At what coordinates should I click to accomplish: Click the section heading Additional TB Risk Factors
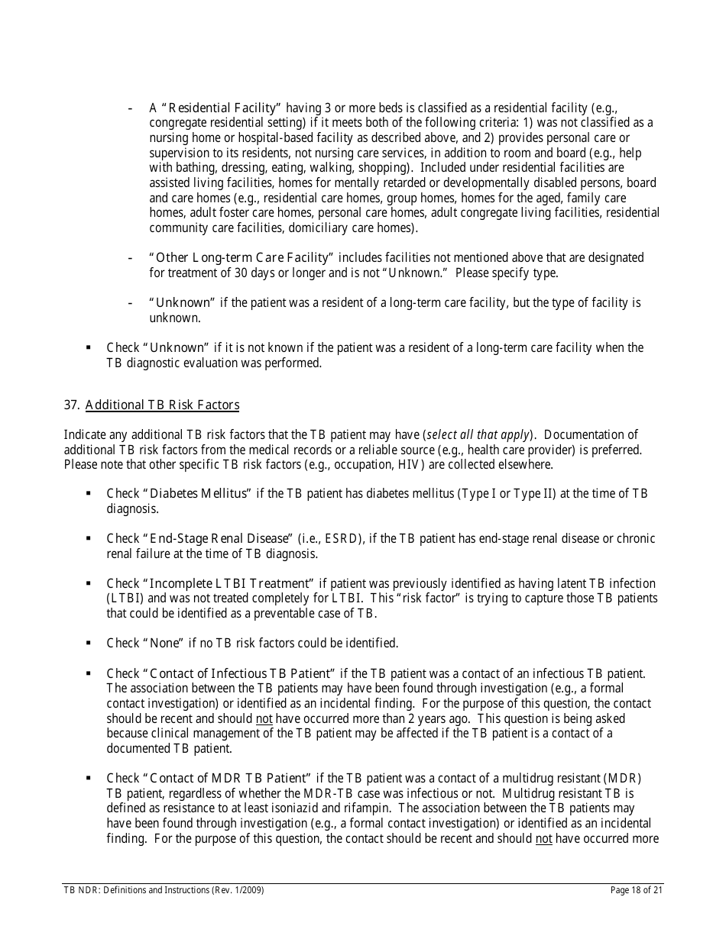click(162, 405)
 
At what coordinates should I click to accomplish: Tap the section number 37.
click(72, 405)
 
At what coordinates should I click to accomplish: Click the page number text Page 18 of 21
click(637, 890)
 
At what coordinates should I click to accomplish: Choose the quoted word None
click(164, 644)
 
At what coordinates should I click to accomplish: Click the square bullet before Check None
click(89, 644)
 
